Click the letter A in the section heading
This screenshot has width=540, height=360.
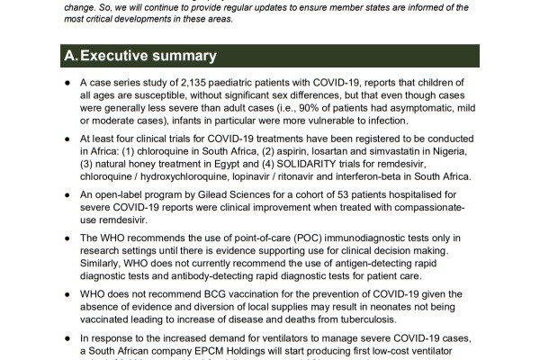tap(70, 56)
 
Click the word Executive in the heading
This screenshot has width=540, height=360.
tap(120, 56)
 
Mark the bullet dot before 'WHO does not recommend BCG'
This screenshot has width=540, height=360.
tap(69, 293)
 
